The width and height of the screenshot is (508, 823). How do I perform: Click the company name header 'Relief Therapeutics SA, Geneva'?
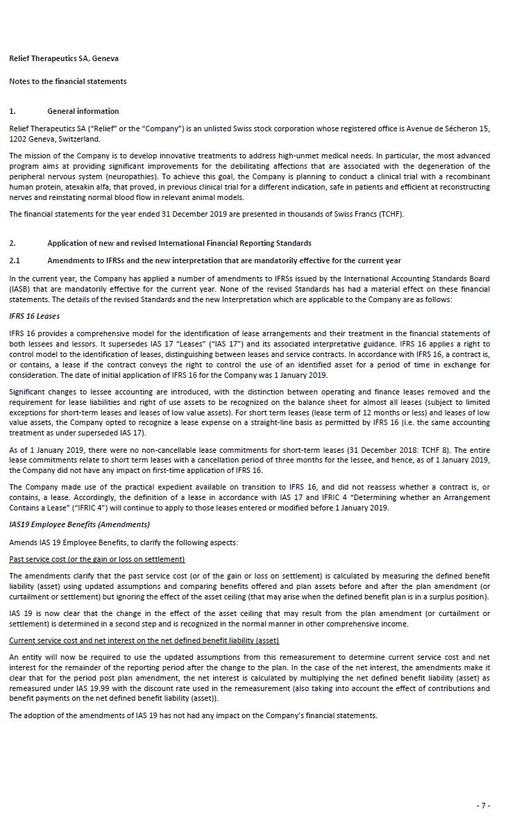pyautogui.click(x=59, y=59)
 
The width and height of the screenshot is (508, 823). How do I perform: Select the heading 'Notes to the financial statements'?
pyautogui.click(x=67, y=81)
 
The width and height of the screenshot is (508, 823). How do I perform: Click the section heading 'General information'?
pyautogui.click(x=83, y=111)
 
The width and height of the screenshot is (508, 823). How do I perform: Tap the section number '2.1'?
pyautogui.click(x=15, y=260)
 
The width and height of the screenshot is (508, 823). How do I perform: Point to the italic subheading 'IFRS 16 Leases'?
pyautogui.click(x=34, y=316)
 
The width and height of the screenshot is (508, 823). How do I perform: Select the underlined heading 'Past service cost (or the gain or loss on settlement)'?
pyautogui.click(x=96, y=559)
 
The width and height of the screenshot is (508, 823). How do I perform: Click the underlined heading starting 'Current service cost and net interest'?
pyautogui.click(x=144, y=640)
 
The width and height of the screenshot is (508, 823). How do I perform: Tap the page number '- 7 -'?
pyautogui.click(x=484, y=805)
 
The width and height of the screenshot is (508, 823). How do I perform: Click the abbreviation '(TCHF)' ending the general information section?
pyautogui.click(x=389, y=214)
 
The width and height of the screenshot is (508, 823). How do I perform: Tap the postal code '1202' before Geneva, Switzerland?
pyautogui.click(x=17, y=139)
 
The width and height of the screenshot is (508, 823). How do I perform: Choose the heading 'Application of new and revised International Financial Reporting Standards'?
pyautogui.click(x=179, y=243)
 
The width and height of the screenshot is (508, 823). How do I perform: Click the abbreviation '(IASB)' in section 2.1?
pyautogui.click(x=20, y=289)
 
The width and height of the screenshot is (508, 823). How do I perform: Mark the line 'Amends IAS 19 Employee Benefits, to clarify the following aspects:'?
pyautogui.click(x=123, y=542)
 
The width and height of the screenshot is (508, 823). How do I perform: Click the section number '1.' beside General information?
pyautogui.click(x=12, y=111)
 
